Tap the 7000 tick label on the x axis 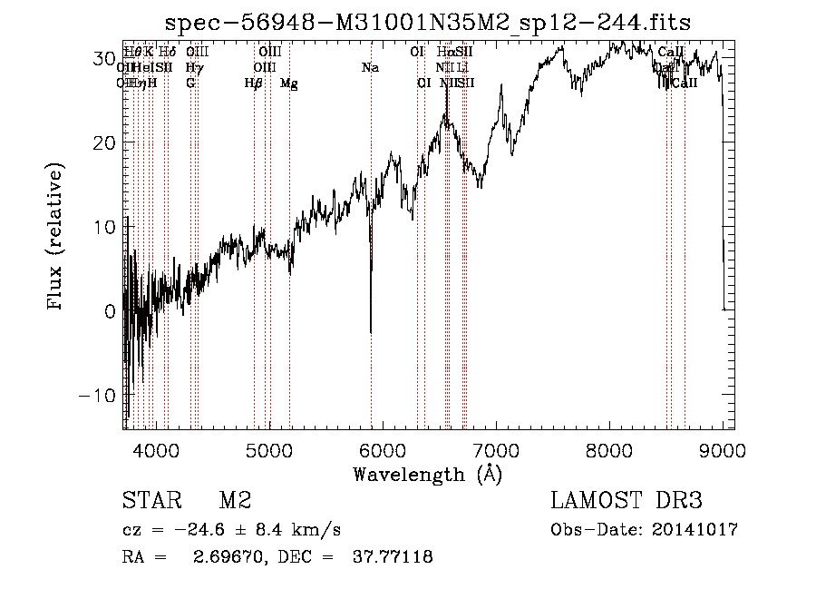click(496, 449)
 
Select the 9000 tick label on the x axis click(723, 449)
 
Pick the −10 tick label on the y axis click(99, 396)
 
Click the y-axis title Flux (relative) click(56, 238)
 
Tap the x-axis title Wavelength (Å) click(427, 474)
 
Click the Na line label click(370, 67)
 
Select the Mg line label click(288, 83)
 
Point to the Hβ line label click(254, 83)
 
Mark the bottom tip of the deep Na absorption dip click(371, 333)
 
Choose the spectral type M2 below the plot click(235, 501)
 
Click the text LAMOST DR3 click(627, 501)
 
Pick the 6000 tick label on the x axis click(383, 449)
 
